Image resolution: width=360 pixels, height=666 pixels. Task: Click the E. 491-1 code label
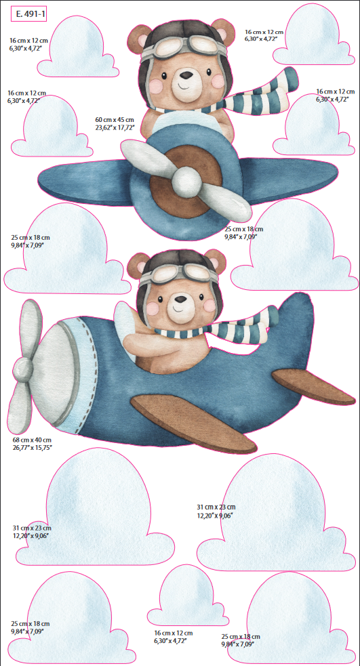[x=28, y=14]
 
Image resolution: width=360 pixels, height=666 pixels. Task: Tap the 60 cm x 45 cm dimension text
[x=115, y=120]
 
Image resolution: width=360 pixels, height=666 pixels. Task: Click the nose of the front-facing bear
[x=185, y=76]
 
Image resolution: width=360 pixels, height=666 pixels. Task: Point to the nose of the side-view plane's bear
[x=180, y=299]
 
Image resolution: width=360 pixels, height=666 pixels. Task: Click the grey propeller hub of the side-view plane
[x=23, y=369]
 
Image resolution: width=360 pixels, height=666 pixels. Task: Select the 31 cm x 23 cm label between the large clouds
[x=216, y=511]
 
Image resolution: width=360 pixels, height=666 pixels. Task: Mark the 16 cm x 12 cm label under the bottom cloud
[x=174, y=636]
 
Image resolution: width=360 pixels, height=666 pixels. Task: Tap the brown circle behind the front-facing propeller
[x=187, y=180]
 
